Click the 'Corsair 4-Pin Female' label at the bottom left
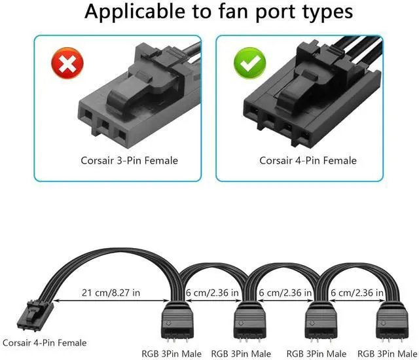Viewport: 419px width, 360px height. click(x=44, y=342)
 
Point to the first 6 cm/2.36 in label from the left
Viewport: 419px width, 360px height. click(x=211, y=293)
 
